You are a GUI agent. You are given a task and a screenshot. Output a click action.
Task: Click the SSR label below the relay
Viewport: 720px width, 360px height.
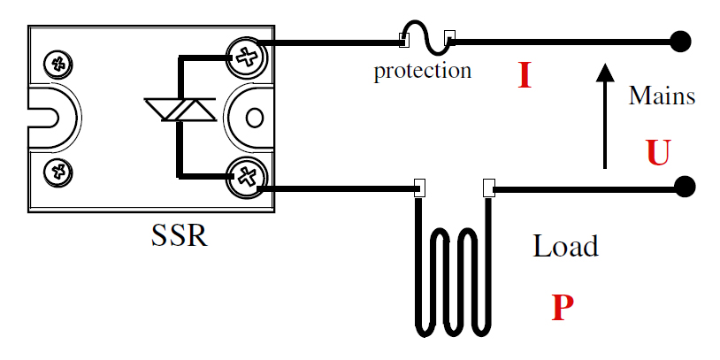pyautogui.click(x=179, y=236)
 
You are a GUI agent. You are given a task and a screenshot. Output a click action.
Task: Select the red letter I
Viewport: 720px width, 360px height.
pyautogui.click(x=525, y=75)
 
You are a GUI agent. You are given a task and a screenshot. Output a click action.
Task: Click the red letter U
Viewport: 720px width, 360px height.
pyautogui.click(x=659, y=152)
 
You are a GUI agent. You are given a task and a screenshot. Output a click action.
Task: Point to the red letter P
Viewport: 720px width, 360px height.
pyautogui.click(x=563, y=307)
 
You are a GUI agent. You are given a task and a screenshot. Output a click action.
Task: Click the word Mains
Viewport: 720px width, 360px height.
pyautogui.click(x=662, y=96)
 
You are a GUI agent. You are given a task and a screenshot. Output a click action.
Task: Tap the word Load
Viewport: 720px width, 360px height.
pyautogui.click(x=565, y=246)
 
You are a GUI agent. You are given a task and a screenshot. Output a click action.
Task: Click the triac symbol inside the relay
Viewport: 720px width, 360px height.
pyautogui.click(x=180, y=110)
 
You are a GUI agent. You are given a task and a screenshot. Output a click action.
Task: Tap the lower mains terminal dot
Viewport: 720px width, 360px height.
pyautogui.click(x=685, y=187)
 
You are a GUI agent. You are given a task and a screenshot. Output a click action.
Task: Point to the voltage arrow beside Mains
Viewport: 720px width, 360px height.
pyautogui.click(x=605, y=116)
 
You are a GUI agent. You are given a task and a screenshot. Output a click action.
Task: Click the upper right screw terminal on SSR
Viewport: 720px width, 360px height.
pyautogui.click(x=247, y=57)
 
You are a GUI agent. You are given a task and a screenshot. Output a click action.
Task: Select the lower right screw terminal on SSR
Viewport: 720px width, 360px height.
pyautogui.click(x=247, y=177)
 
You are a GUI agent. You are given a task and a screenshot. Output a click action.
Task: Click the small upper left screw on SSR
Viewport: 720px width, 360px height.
pyautogui.click(x=58, y=64)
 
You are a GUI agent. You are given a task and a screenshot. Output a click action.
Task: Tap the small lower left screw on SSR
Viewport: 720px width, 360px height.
pyautogui.click(x=58, y=172)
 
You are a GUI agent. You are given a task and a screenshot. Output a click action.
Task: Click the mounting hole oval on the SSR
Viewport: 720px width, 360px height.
pyautogui.click(x=255, y=118)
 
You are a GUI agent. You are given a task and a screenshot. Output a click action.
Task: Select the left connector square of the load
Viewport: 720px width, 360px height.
pyautogui.click(x=419, y=188)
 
